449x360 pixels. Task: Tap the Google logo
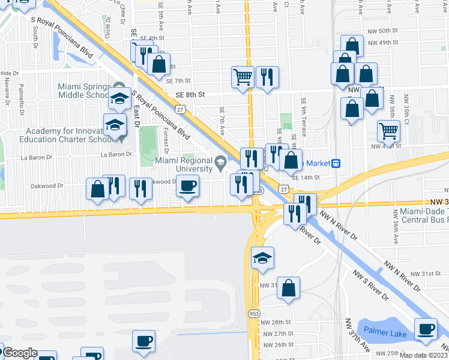pos(20,353)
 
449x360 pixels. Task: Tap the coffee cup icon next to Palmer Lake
pos(426,329)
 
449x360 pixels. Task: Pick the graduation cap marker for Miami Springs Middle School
pos(120,99)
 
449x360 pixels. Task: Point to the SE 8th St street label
pos(190,95)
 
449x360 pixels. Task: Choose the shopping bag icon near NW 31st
pos(289,287)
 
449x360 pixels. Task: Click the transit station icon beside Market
pos(337,163)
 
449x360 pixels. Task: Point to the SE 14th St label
pos(306,178)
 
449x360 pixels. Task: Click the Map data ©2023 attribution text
pos(424,355)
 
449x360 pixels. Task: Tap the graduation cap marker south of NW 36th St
pos(262,258)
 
